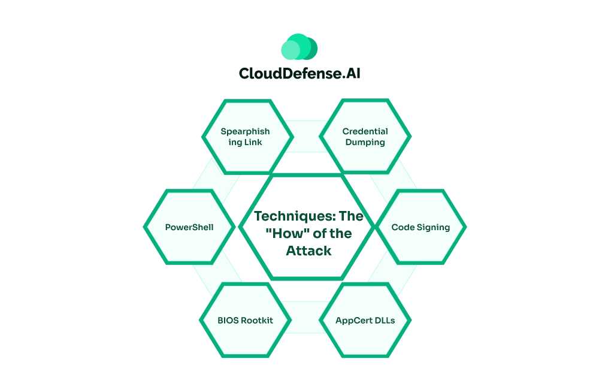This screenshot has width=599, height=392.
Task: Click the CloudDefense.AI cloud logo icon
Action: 299,47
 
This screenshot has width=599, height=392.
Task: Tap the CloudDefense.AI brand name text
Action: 299,74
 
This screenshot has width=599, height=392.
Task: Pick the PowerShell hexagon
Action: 189,228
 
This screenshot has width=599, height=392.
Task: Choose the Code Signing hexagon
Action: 420,228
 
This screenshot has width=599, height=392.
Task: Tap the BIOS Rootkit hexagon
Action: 245,320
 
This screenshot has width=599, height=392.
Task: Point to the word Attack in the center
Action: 308,251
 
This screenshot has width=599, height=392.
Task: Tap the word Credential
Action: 365,131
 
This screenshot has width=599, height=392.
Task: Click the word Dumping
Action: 365,143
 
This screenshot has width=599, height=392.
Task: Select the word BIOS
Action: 228,320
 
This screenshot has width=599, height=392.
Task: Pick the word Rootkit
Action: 257,320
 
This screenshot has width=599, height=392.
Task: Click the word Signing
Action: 432,228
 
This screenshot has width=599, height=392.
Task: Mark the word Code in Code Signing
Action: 403,228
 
